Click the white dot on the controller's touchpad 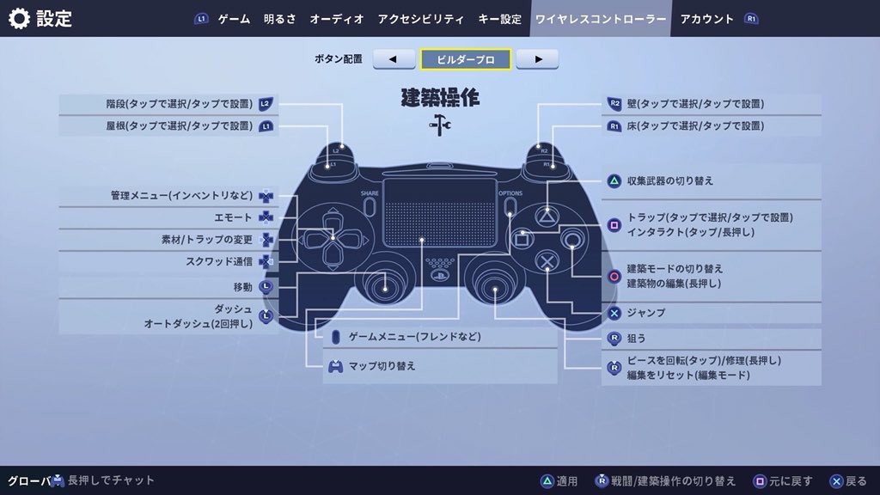click(x=421, y=240)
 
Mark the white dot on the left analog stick click(x=385, y=289)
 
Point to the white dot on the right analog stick click(x=495, y=290)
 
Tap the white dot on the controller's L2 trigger click(x=342, y=146)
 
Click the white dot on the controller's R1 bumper click(x=553, y=167)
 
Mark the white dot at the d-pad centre click(x=333, y=238)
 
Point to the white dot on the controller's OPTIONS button click(x=510, y=214)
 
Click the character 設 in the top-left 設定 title click(x=46, y=19)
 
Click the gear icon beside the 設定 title click(x=19, y=19)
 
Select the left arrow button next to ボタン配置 click(x=394, y=59)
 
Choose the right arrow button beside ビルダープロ click(x=537, y=59)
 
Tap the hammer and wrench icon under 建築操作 click(x=439, y=125)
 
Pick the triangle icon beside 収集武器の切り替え click(x=614, y=180)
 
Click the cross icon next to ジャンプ click(x=614, y=313)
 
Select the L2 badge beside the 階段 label click(x=266, y=104)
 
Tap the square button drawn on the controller click(x=522, y=239)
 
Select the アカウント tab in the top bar click(x=707, y=19)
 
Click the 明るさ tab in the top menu click(x=279, y=19)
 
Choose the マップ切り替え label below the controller click(x=382, y=366)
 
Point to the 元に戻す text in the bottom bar click(x=791, y=481)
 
